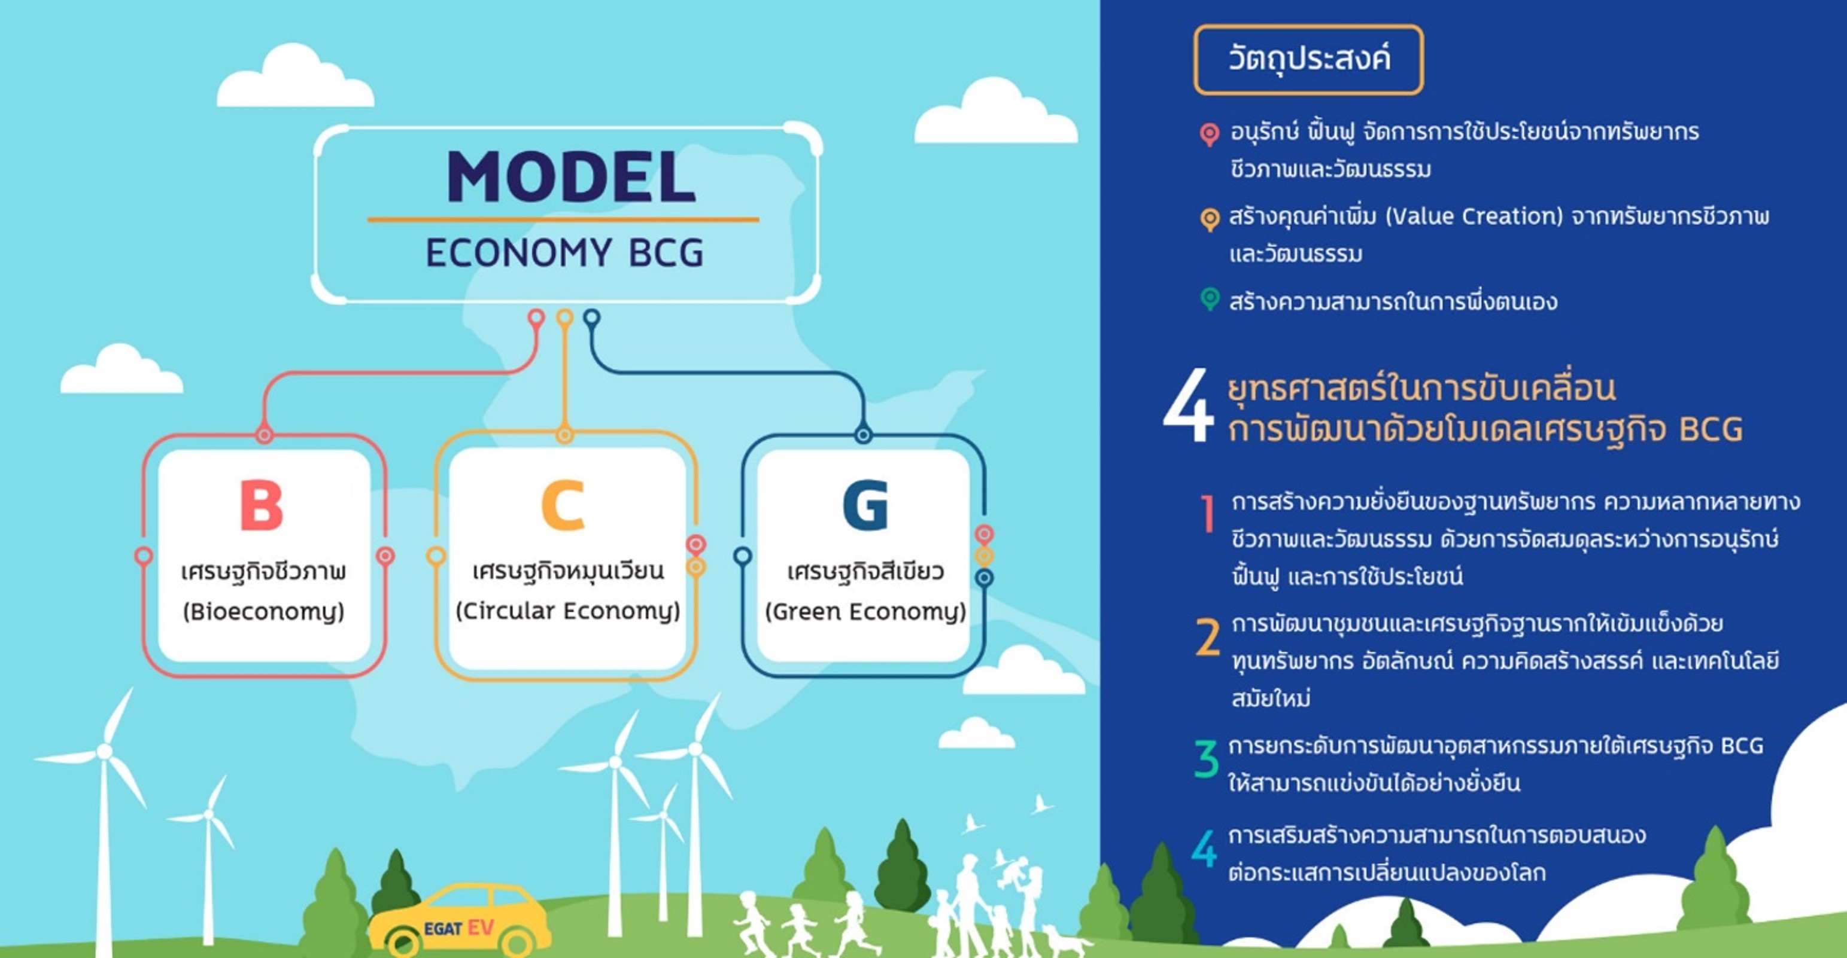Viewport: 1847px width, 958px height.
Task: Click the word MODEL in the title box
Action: pos(571,176)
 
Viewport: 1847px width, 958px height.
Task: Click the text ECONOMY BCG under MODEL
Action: pos(565,253)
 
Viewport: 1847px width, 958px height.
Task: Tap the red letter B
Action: pos(261,505)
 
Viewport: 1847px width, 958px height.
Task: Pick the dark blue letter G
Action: pos(865,505)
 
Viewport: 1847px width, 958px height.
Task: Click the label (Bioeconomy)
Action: pos(263,612)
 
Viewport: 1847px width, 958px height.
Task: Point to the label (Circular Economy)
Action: pos(568,611)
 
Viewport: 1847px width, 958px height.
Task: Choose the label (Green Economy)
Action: pos(865,612)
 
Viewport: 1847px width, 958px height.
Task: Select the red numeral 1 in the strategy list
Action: pos(1208,513)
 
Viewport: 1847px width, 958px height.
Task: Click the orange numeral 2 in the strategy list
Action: pos(1207,637)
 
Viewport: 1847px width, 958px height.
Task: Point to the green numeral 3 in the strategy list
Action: pos(1207,759)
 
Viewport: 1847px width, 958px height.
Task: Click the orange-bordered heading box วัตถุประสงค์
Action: pos(1308,59)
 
